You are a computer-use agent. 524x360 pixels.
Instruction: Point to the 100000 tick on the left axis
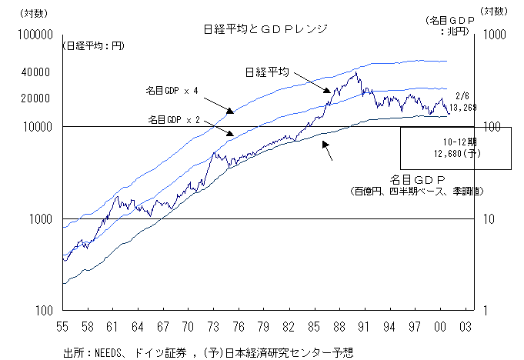tap(33, 35)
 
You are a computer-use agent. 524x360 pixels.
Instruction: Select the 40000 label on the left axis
tap(35, 72)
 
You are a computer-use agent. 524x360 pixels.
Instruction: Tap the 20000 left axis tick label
tap(35, 99)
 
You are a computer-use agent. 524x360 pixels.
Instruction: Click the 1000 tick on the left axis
tap(38, 219)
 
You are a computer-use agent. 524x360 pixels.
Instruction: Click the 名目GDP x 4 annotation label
tap(172, 91)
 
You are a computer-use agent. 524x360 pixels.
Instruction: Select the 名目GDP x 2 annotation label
tap(174, 120)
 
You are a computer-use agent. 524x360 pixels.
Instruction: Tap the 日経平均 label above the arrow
tap(266, 72)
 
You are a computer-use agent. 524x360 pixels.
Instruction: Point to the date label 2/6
tap(462, 96)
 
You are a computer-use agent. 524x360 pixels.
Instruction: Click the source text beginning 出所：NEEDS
tap(207, 352)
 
